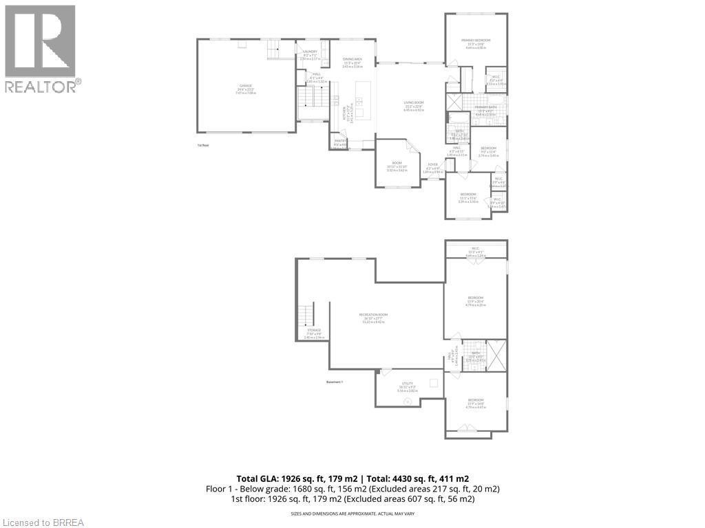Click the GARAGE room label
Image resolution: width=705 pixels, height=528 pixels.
click(x=246, y=87)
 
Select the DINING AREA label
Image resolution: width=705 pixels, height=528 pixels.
click(x=352, y=60)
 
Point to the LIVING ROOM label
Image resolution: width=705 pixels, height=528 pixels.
click(x=414, y=102)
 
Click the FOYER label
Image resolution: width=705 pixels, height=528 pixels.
click(x=432, y=165)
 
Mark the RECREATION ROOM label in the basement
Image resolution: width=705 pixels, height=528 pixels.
click(x=373, y=315)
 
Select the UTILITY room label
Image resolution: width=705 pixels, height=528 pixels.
click(x=407, y=384)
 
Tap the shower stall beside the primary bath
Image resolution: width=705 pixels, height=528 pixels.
click(x=455, y=102)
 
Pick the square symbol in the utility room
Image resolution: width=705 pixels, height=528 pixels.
click(x=434, y=383)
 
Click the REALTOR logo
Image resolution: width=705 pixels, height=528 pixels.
click(x=41, y=49)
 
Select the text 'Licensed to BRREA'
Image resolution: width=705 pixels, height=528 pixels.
click(x=43, y=522)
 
